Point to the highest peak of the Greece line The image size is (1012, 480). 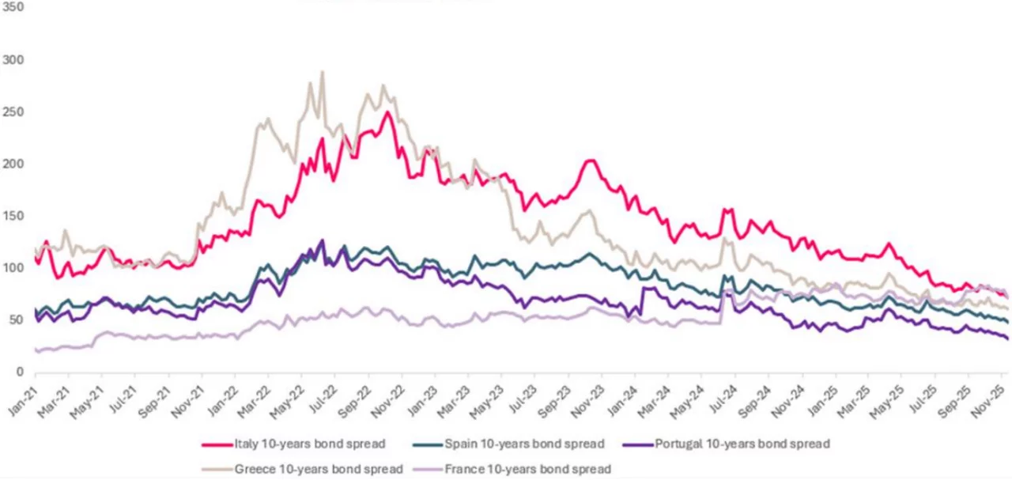tap(322, 72)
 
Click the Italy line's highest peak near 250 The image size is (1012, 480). tap(387, 112)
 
